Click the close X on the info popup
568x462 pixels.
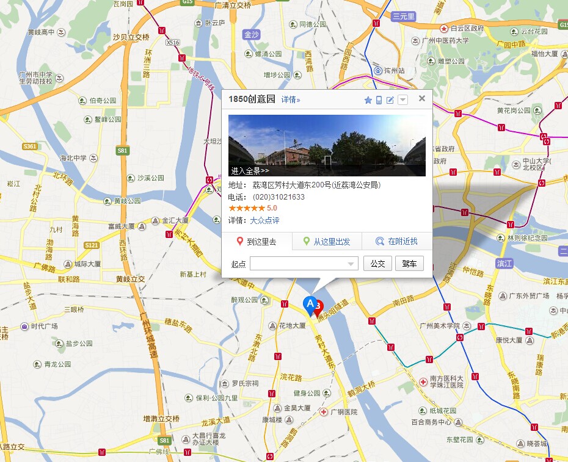pos(421,98)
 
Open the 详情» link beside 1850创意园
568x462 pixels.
pos(291,99)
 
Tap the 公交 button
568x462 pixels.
pos(377,264)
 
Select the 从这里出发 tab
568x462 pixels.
pos(327,242)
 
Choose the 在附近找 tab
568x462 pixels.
pos(396,242)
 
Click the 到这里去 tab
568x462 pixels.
pos(257,242)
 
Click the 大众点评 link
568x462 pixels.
pos(265,220)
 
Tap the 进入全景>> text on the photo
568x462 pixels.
pos(250,171)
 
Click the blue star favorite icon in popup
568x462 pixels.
pos(368,100)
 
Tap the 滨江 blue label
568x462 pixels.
pos(504,264)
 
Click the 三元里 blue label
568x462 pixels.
pos(404,16)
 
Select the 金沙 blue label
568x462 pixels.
pos(251,34)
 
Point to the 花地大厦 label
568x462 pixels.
pos(291,325)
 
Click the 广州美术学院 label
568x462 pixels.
pos(435,325)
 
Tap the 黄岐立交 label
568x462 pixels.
pos(130,279)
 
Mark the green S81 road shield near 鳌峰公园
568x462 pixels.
pos(123,150)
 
